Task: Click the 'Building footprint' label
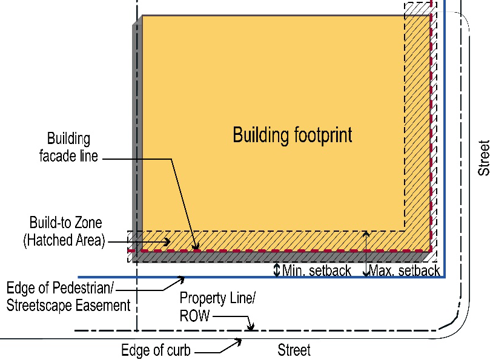pos(293,134)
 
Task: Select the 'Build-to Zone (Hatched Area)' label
pos(64,231)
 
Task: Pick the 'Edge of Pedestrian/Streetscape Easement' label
pos(68,296)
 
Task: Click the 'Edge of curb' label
pos(156,350)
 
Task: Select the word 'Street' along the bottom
pos(294,350)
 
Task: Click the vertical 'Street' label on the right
pos(483,158)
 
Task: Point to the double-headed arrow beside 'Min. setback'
pos(277,269)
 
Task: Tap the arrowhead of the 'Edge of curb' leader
pos(239,341)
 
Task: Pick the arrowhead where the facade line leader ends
pos(196,247)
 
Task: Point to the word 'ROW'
pos(194,315)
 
